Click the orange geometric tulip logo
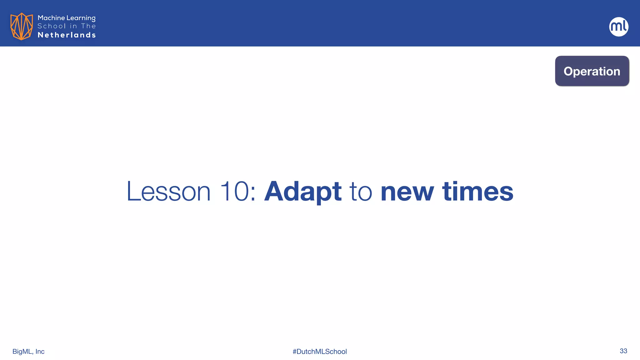point(21,26)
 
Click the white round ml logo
point(618,27)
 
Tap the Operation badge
point(592,71)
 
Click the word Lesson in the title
point(168,191)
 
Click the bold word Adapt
point(302,191)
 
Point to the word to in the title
point(360,191)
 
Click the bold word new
point(407,192)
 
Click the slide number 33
point(623,351)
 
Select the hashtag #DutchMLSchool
point(320,352)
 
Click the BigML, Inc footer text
point(28,352)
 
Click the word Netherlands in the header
point(67,35)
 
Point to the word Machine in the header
point(51,18)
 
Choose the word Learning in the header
point(81,18)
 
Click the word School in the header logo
point(52,26)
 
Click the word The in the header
point(88,26)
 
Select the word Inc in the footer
point(40,352)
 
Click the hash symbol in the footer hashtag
point(294,352)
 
